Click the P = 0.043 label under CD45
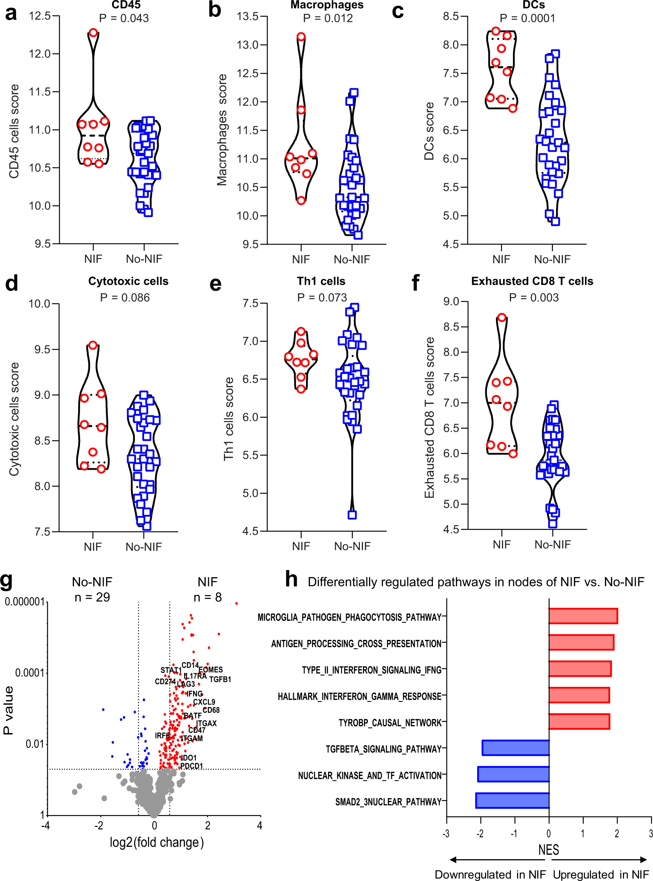[124, 18]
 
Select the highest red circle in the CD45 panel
[93, 32]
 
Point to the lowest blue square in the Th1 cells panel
[352, 514]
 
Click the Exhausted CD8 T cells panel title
[532, 281]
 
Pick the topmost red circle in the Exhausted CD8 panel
[502, 317]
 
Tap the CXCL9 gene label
[204, 701]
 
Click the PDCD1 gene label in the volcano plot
[191, 766]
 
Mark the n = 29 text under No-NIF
[92, 597]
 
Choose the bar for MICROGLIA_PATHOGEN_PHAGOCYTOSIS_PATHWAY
[583, 616]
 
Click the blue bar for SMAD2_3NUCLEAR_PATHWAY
[512, 800]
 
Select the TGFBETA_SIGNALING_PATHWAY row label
[383, 749]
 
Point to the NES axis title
[548, 849]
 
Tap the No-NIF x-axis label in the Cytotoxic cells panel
[144, 547]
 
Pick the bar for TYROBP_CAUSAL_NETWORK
[579, 721]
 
